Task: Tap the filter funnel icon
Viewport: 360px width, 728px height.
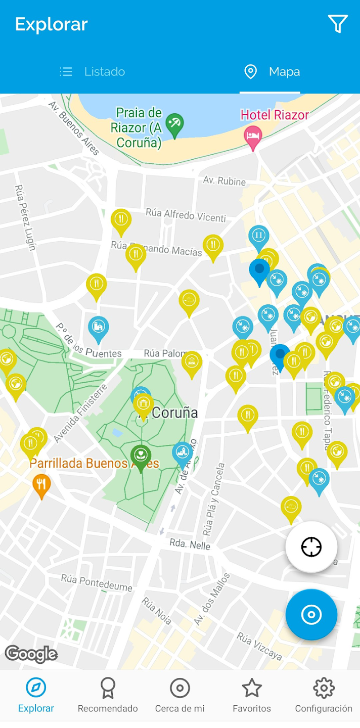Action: click(338, 24)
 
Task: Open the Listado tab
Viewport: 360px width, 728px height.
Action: click(93, 72)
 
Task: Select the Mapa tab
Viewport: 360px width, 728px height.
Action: click(271, 72)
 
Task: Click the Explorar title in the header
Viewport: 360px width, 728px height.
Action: click(52, 24)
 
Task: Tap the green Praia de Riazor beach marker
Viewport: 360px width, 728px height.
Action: click(174, 124)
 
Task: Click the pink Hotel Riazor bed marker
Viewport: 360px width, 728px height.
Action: click(253, 135)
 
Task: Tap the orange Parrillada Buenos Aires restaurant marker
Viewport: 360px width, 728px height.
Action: click(41, 485)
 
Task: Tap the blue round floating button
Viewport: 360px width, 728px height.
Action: click(311, 614)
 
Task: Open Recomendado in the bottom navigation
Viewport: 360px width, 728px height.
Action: click(108, 695)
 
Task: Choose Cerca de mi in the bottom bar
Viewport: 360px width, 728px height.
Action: click(179, 695)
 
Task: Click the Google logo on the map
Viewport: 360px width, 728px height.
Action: click(31, 654)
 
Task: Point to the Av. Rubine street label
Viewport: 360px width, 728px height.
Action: click(224, 181)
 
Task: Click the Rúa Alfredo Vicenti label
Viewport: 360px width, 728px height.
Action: click(186, 215)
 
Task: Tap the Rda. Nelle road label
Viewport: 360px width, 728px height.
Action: click(190, 545)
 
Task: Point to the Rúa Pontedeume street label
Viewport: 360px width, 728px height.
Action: click(97, 582)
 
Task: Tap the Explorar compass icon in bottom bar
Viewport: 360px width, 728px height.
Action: click(36, 688)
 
